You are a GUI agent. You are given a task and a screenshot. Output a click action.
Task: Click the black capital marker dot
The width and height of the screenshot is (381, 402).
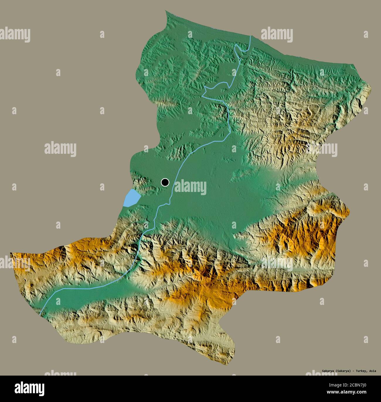click(165, 182)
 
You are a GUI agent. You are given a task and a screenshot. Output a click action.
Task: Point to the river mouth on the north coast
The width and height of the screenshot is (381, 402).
click(250, 36)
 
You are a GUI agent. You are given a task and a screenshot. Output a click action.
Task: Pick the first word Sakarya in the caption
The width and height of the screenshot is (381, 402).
click(328, 371)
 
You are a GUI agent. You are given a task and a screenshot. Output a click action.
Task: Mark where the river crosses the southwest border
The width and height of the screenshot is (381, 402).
click(40, 315)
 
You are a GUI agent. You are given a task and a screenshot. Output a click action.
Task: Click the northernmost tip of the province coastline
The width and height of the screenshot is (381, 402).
click(166, 11)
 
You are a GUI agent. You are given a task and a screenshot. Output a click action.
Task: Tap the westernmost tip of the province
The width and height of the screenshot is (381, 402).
click(11, 253)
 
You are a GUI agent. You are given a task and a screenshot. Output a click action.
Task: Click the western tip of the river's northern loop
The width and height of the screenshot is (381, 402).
click(203, 95)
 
